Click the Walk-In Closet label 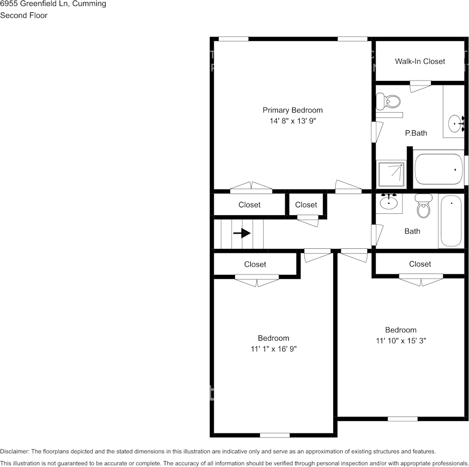[x=420, y=61]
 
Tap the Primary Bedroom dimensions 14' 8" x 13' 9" [x=293, y=121]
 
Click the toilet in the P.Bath [x=388, y=102]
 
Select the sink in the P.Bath [x=455, y=121]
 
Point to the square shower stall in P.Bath [x=391, y=174]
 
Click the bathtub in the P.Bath [x=438, y=169]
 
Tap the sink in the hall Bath [x=389, y=202]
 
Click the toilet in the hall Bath [x=424, y=207]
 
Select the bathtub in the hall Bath [x=451, y=221]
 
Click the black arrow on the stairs [x=242, y=233]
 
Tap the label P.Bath [x=416, y=133]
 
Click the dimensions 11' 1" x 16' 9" [x=274, y=349]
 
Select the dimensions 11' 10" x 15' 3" [x=401, y=340]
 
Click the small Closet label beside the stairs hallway [x=306, y=204]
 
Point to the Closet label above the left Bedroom [x=255, y=264]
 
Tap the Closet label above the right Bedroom [x=420, y=264]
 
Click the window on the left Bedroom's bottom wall [x=274, y=435]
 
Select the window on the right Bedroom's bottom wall [x=402, y=419]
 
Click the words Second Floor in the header [x=24, y=15]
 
